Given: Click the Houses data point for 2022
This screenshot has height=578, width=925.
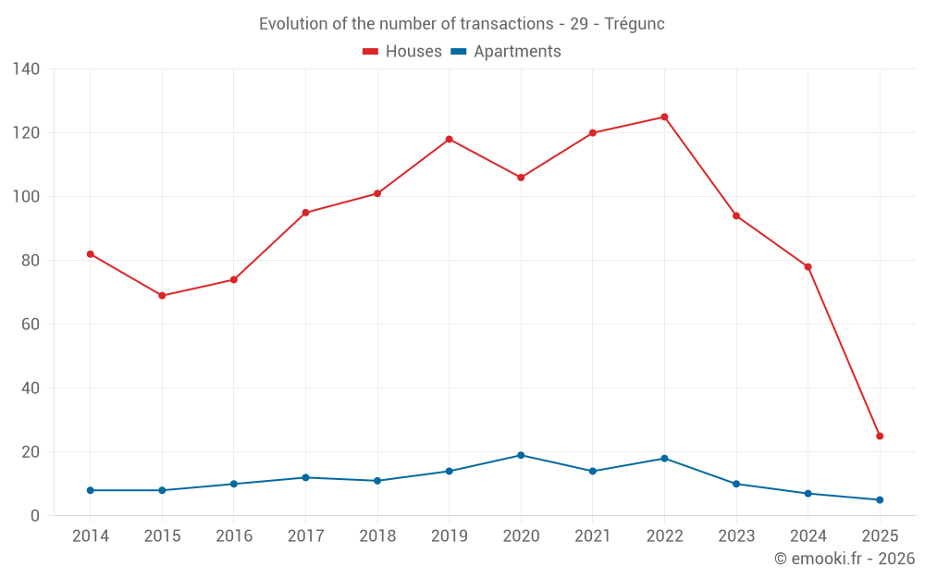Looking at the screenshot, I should tap(664, 117).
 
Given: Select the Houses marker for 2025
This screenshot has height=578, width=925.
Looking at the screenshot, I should tap(880, 436).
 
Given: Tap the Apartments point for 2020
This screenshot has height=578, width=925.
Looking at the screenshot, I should tap(521, 455).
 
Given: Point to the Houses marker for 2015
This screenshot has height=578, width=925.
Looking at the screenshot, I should tap(162, 296).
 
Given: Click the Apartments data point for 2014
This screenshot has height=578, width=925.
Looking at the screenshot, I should tap(90, 490).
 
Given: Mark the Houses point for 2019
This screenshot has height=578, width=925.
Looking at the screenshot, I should tap(449, 140).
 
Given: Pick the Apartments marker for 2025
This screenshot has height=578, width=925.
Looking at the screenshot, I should tap(880, 500).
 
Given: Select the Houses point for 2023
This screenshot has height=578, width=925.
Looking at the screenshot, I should tap(736, 216).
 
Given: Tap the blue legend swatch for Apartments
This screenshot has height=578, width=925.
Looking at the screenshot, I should tap(458, 52).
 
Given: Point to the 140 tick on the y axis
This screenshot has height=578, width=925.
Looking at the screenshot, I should tap(27, 69).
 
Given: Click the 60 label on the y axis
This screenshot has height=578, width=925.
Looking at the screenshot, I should tap(31, 325).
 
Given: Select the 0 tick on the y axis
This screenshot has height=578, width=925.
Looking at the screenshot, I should tap(35, 516).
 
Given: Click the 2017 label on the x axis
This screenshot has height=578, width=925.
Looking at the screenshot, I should tap(305, 536).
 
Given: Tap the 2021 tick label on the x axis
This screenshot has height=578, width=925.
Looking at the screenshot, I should tap(592, 536).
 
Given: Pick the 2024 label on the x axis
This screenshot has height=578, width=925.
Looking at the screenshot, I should tap(808, 536).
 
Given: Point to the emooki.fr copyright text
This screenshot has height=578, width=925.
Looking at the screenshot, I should tap(845, 559).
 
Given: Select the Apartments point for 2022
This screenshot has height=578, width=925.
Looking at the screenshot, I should tap(664, 459).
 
